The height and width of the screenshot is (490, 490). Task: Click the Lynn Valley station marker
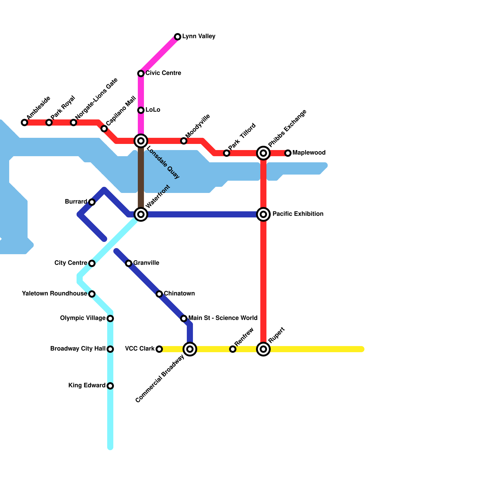point(178,37)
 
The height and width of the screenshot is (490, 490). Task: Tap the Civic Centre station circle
point(141,73)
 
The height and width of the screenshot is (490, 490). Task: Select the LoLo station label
point(153,110)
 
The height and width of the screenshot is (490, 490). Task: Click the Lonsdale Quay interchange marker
point(141,141)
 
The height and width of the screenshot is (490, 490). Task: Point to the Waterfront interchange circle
point(141,214)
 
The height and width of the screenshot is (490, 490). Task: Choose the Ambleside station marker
point(24,123)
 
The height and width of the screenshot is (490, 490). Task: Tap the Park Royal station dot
point(49,123)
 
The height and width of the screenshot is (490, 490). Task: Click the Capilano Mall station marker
point(104,129)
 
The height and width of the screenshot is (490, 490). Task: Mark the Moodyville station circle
point(184,141)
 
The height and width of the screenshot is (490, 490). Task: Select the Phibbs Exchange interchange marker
point(263,153)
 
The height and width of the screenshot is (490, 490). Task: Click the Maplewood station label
point(309,153)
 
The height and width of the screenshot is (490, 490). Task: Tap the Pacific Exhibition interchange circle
point(263,214)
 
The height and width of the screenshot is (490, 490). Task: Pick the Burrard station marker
point(92,202)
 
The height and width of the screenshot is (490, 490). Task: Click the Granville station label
point(146,263)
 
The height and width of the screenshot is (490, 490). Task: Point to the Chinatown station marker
point(159,294)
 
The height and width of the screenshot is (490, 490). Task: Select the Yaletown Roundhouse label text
point(55,294)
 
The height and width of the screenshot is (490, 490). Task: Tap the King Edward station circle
point(110,386)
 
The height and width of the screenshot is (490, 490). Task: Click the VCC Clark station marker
point(159,349)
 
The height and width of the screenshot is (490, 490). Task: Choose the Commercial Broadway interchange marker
point(190,349)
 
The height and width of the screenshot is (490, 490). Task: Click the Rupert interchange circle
point(263,349)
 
